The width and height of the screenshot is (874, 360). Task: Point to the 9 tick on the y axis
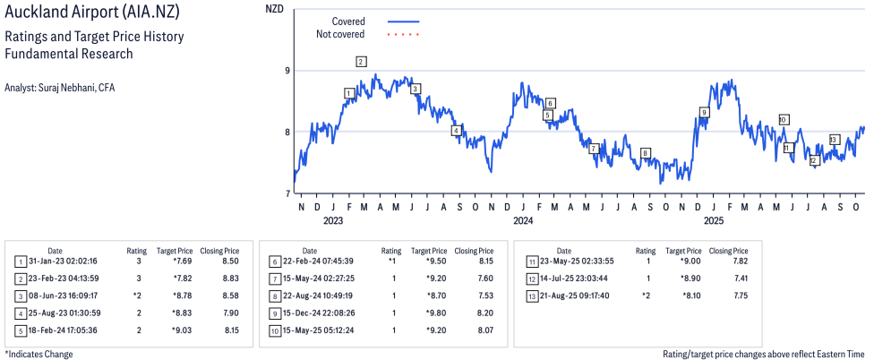287,71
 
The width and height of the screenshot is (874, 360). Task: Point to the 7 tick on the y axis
287,193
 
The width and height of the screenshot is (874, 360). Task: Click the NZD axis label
275,9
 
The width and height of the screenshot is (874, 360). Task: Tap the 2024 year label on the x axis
523,220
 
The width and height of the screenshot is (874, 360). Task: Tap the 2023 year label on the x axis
333,220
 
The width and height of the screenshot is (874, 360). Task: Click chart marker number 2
361,62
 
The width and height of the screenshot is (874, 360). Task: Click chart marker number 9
705,112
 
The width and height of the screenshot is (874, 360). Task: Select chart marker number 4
456,131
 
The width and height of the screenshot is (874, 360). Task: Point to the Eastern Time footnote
764,354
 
